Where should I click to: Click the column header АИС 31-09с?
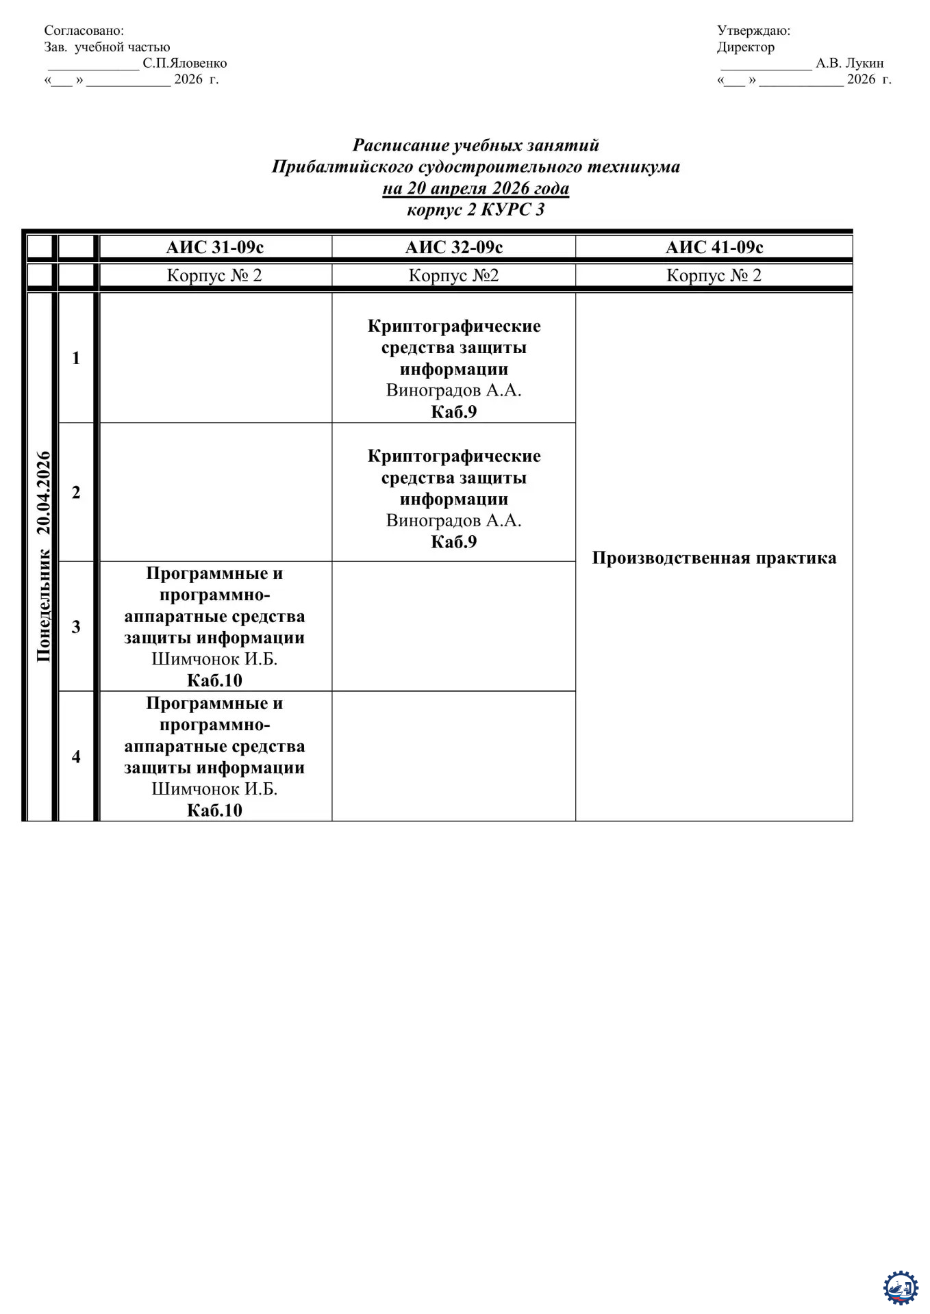tap(214, 247)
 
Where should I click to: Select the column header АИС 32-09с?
tap(453, 247)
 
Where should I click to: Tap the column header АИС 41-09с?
tap(714, 247)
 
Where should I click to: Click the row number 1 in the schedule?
tap(76, 358)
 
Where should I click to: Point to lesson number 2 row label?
tap(76, 492)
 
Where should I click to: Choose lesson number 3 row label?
tap(76, 627)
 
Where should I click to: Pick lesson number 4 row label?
tap(76, 756)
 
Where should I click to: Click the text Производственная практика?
tap(714, 558)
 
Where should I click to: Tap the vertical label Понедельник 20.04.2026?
tap(44, 556)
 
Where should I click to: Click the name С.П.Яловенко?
tap(184, 63)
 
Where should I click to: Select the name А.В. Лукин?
tap(849, 63)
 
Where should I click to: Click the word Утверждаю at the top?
tap(753, 30)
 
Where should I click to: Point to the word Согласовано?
tap(84, 30)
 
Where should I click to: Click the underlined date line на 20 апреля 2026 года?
tap(475, 188)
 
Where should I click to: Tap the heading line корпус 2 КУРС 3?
tap(475, 209)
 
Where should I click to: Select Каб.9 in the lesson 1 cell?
tap(453, 411)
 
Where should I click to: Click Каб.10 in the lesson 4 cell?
tap(214, 810)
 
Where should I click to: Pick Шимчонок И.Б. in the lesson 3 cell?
tap(214, 659)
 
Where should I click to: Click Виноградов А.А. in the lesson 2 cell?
tap(453, 520)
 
